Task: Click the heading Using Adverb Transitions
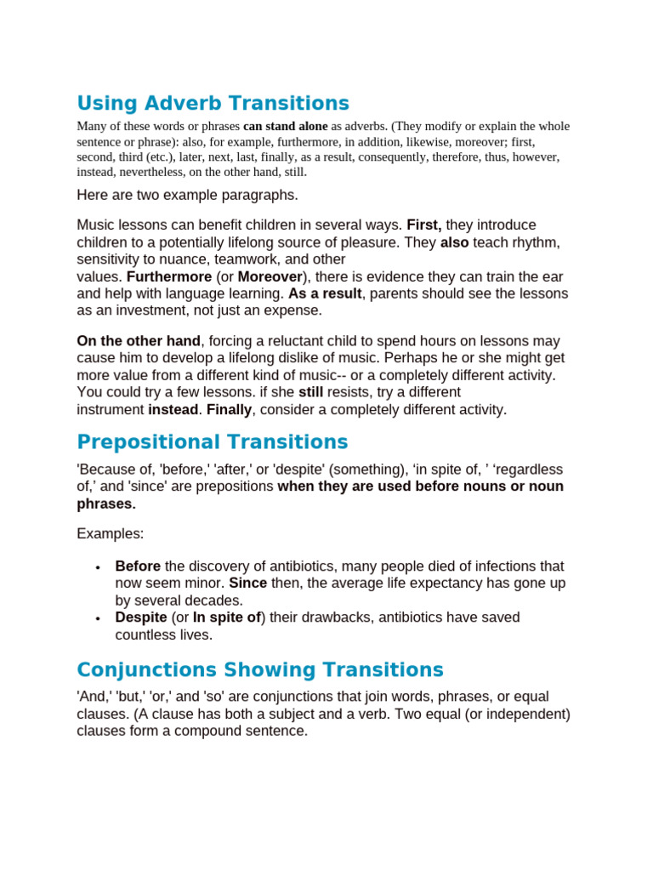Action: pos(213,104)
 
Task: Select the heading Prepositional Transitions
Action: pos(212,442)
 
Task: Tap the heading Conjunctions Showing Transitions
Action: pos(260,669)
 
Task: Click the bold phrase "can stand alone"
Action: pos(285,127)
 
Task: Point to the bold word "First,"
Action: pos(423,225)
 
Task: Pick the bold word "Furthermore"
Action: pos(169,277)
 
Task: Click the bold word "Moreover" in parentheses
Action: pos(270,277)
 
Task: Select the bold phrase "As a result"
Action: pos(325,294)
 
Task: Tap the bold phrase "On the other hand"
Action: pos(139,341)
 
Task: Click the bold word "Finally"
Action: pos(230,410)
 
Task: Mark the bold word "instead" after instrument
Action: pos(173,410)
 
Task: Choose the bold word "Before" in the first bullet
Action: pos(138,566)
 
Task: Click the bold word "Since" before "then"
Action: pos(248,584)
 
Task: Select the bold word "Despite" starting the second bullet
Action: pos(141,618)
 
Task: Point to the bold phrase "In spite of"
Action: pos(227,618)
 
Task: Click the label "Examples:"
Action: pos(111,534)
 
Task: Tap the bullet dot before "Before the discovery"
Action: pos(99,567)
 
